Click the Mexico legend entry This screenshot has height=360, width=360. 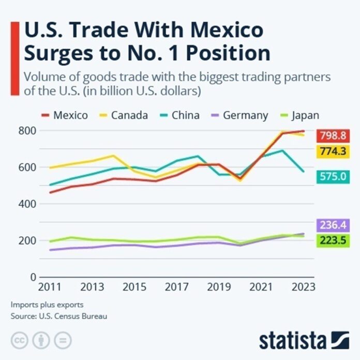tap(64, 115)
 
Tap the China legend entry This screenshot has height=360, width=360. tap(178, 115)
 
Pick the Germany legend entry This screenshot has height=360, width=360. tap(238, 115)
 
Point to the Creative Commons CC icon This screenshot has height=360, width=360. tap(19, 340)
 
